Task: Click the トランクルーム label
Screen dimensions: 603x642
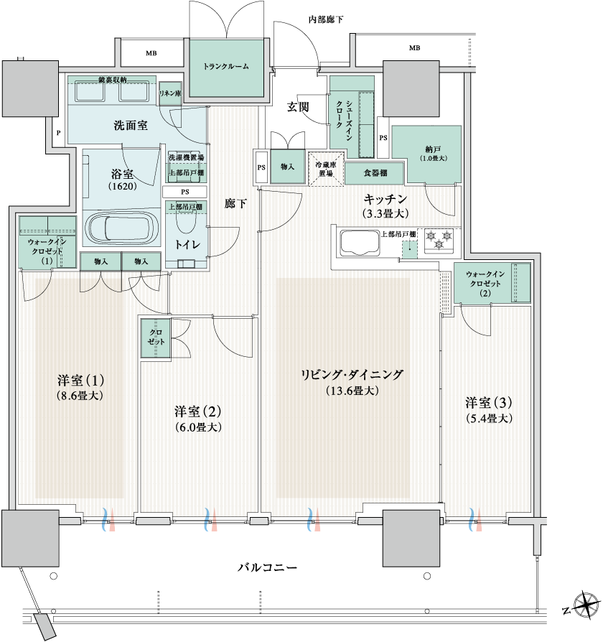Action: pyautogui.click(x=226, y=66)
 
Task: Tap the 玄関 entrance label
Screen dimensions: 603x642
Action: pyautogui.click(x=298, y=107)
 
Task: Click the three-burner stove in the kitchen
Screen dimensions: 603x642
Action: pyautogui.click(x=439, y=240)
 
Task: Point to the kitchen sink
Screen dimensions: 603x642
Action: pyautogui.click(x=360, y=243)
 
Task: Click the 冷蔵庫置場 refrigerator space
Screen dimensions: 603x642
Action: pyautogui.click(x=326, y=169)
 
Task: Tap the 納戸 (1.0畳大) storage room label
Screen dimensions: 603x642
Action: pyautogui.click(x=433, y=154)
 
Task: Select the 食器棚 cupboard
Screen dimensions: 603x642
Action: pyautogui.click(x=375, y=173)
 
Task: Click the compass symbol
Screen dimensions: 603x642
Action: pyautogui.click(x=586, y=605)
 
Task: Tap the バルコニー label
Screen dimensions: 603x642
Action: pyautogui.click(x=268, y=567)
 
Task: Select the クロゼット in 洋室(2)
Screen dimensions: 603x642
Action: pyautogui.click(x=156, y=338)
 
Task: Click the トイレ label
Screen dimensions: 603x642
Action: pyautogui.click(x=187, y=245)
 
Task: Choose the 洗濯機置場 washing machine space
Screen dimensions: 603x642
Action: pyautogui.click(x=186, y=157)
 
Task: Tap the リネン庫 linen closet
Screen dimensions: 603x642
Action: pyautogui.click(x=170, y=93)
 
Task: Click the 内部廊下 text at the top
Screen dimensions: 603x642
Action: pyautogui.click(x=325, y=19)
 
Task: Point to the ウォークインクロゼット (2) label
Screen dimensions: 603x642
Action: pyautogui.click(x=485, y=284)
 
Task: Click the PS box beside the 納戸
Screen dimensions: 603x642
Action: pyautogui.click(x=383, y=138)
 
